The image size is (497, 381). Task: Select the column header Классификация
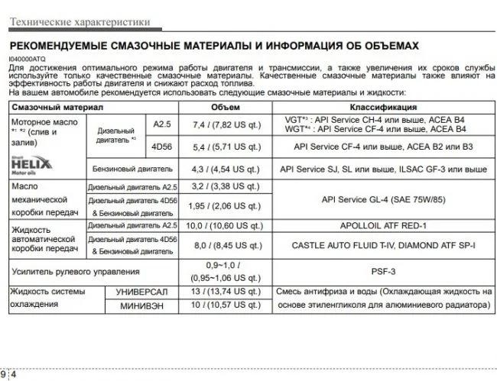tap(383, 107)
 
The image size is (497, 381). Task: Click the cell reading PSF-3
tap(383, 270)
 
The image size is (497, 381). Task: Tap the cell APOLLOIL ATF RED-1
tap(383, 227)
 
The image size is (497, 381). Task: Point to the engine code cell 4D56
tap(163, 147)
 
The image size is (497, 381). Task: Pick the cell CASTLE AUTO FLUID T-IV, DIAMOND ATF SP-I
tap(383, 246)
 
